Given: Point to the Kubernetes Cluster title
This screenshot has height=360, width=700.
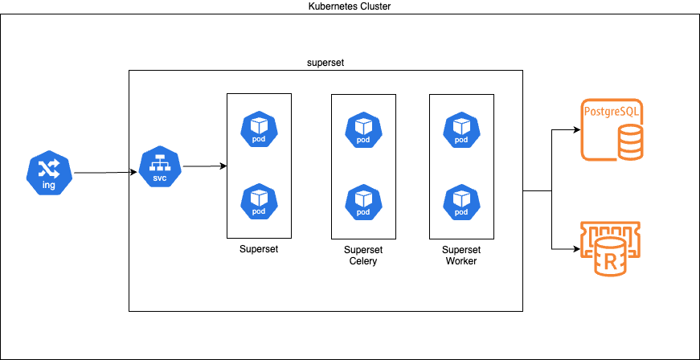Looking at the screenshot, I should pos(350,6).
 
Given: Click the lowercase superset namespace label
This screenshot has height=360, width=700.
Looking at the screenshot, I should pos(325,62).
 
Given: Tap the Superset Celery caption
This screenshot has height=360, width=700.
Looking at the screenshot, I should pos(363,255).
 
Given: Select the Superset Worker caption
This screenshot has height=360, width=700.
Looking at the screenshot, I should pos(461,255).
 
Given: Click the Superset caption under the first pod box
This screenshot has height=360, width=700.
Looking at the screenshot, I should pos(259,249).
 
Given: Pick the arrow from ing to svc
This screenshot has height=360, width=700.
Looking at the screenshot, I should pos(103,173).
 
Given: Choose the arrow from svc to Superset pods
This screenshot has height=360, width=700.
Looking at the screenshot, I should pos(205,166).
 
